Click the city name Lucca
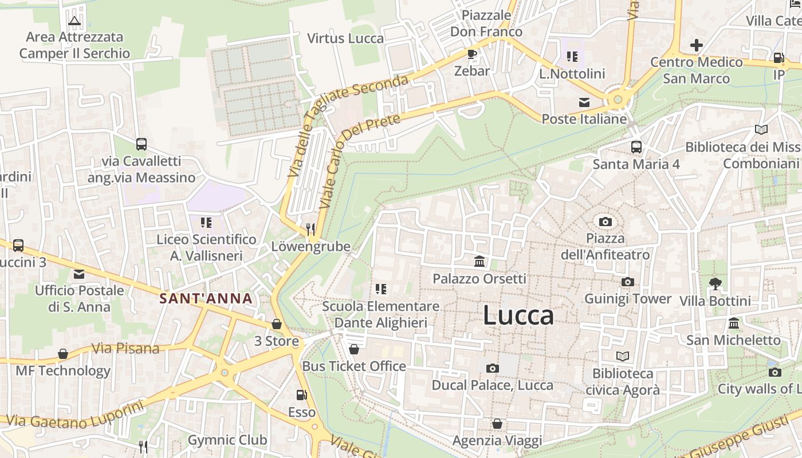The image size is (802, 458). tap(518, 315)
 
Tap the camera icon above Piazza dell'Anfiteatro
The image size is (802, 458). tap(605, 222)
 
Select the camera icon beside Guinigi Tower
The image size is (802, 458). tap(628, 282)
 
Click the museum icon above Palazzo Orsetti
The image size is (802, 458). tap(479, 262)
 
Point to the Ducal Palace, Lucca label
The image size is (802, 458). tap(492, 385)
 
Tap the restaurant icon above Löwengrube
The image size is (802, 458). tap(310, 230)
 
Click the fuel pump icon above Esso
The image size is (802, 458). tap(301, 395)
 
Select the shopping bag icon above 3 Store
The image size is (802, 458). tap(277, 325)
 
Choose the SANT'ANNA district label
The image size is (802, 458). tap(206, 298)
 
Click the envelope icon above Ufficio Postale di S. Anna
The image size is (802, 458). tap(79, 274)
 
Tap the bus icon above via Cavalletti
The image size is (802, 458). tap(141, 144)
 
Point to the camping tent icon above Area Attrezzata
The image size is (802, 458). tap(74, 21)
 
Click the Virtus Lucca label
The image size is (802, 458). tap(345, 38)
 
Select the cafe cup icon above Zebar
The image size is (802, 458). tap(472, 54)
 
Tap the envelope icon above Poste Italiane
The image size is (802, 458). tap(584, 102)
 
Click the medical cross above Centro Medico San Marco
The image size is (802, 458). tap(697, 45)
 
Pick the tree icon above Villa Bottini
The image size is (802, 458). tap(715, 283)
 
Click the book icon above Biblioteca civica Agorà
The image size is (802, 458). tap(623, 357)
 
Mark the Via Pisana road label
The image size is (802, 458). tap(125, 348)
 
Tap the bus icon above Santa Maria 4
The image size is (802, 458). tap(636, 147)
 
